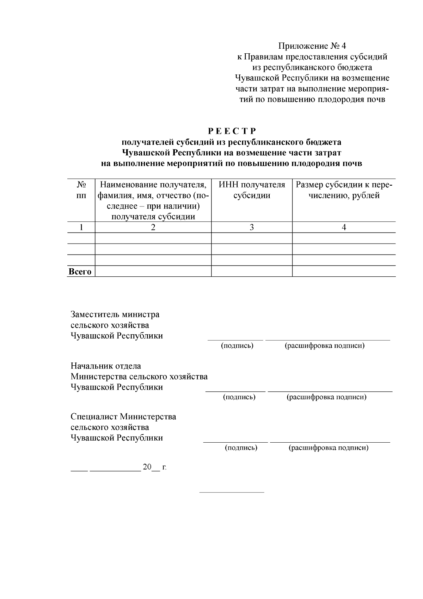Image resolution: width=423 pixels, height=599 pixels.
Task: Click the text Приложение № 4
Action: click(x=312, y=46)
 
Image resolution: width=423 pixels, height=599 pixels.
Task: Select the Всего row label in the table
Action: click(x=80, y=271)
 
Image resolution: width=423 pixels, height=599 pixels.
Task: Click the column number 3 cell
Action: click(x=252, y=227)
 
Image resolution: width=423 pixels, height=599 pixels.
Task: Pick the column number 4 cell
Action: click(x=344, y=227)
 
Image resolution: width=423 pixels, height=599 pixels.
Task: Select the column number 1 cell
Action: click(x=81, y=227)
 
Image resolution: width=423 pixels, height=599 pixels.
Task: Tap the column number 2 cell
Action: click(x=153, y=227)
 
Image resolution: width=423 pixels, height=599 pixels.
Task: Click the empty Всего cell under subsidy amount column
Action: click(x=344, y=271)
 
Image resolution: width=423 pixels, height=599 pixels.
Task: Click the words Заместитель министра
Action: click(x=115, y=314)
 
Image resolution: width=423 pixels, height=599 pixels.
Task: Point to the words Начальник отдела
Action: click(x=106, y=366)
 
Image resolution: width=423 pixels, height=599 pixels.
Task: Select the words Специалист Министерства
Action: click(x=123, y=417)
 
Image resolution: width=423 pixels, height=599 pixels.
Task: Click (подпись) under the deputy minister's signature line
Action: click(x=237, y=346)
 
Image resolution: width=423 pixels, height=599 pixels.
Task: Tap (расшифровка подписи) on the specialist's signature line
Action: click(x=329, y=448)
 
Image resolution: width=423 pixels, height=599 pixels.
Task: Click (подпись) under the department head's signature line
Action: click(x=239, y=397)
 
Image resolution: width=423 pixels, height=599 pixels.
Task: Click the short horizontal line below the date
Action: click(x=232, y=492)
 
